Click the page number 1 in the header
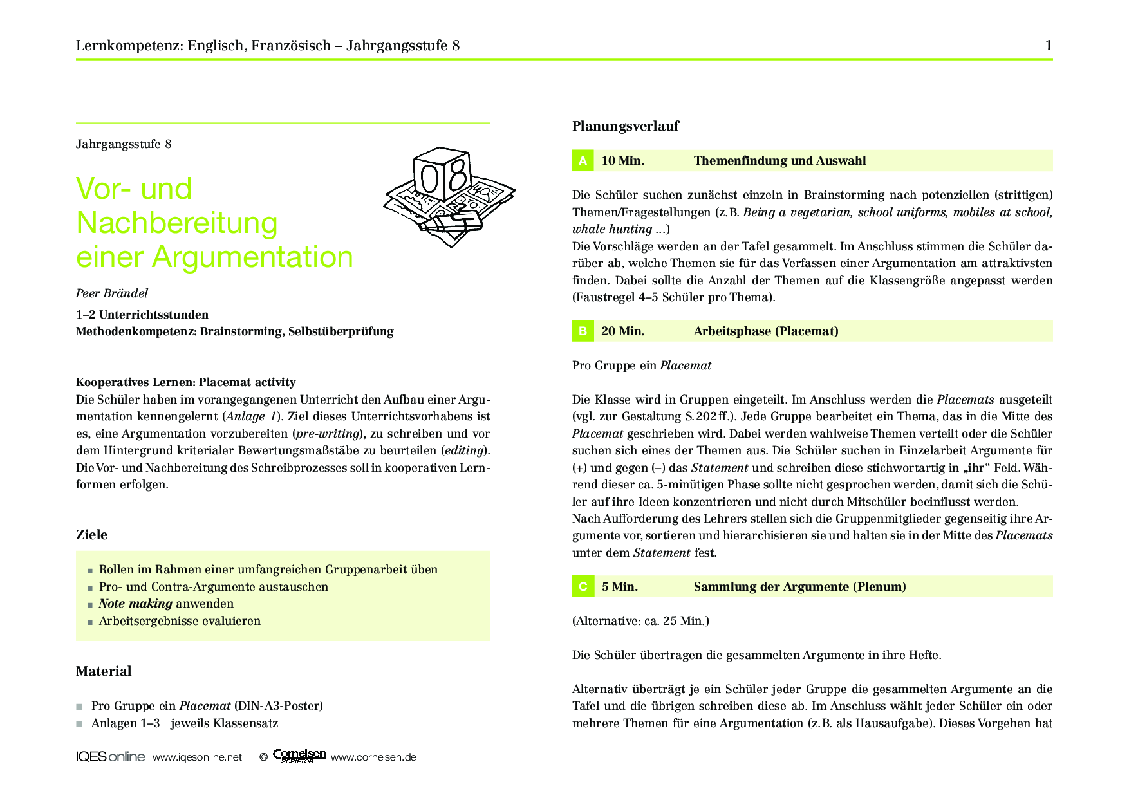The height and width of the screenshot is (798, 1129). (1049, 45)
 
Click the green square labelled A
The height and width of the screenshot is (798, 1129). (583, 160)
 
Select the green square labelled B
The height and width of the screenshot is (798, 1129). (583, 331)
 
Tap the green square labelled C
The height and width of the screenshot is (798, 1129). (583, 586)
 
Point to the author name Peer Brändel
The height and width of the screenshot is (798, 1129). (112, 293)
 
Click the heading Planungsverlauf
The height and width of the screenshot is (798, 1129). (625, 126)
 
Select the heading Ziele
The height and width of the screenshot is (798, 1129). (92, 535)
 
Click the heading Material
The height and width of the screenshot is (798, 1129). (104, 671)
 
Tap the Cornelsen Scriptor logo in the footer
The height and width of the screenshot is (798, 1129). (299, 756)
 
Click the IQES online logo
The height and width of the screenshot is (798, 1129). (110, 757)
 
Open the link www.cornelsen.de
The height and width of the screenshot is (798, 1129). (373, 757)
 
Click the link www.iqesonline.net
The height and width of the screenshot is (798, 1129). (197, 757)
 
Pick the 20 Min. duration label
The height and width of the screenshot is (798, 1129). (622, 331)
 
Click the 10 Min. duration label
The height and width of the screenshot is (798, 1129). (622, 161)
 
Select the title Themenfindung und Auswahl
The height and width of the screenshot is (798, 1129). (779, 161)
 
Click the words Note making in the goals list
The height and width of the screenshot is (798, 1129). (135, 604)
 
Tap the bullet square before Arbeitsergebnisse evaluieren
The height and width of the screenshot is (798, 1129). (90, 622)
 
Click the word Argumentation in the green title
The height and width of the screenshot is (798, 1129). (252, 257)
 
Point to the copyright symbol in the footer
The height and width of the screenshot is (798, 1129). (263, 757)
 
